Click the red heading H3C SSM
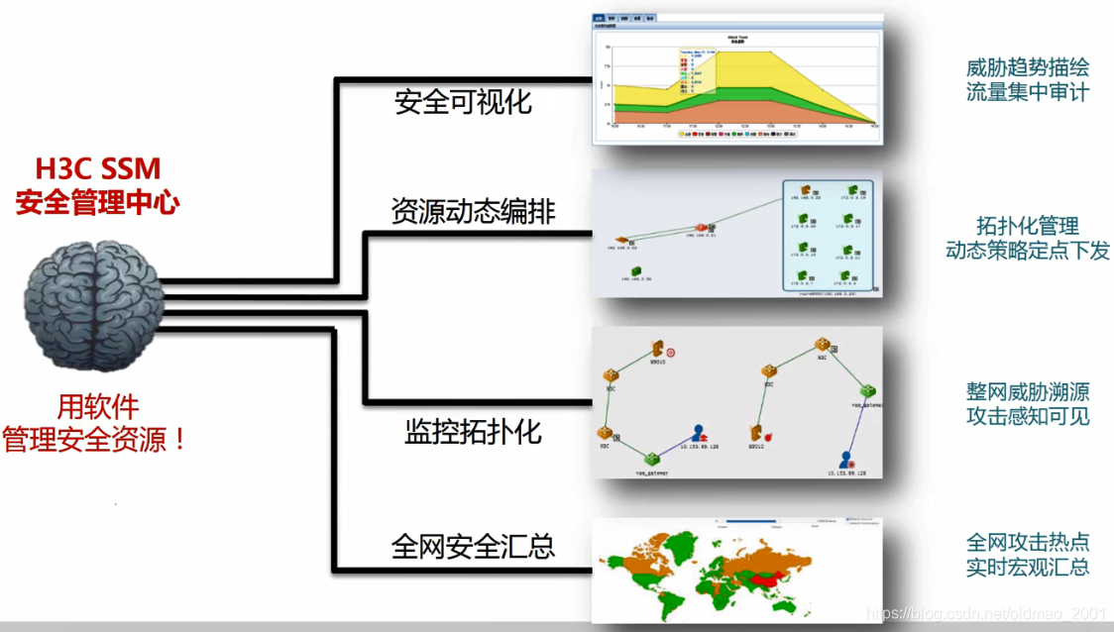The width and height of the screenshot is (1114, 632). click(x=97, y=169)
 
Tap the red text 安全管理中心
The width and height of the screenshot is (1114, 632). click(x=97, y=203)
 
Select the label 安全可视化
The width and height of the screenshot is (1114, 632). click(x=463, y=101)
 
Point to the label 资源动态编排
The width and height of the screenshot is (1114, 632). click(x=473, y=211)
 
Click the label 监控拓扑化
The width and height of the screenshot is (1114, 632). click(x=473, y=431)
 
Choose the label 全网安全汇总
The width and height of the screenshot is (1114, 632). click(x=473, y=546)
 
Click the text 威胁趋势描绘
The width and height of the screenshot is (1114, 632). click(x=1028, y=68)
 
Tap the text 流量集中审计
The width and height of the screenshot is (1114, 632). click(x=1028, y=93)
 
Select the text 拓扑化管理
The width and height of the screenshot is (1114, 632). click(x=1028, y=226)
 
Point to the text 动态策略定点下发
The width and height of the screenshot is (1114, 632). click(x=1028, y=251)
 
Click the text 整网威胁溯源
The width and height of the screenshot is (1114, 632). click(x=1028, y=390)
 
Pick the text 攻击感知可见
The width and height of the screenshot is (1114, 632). click(x=1028, y=415)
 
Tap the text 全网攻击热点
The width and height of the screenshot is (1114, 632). click(x=1028, y=542)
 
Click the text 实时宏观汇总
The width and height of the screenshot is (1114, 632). click(x=1028, y=567)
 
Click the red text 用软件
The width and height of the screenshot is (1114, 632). click(x=97, y=406)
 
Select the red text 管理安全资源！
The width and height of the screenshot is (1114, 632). click(x=97, y=439)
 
